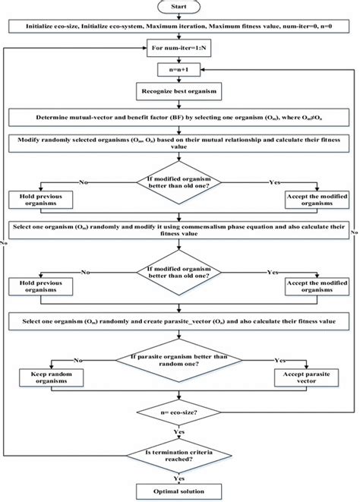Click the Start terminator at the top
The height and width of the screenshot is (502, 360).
click(x=179, y=7)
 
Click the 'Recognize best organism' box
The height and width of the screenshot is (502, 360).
click(x=179, y=93)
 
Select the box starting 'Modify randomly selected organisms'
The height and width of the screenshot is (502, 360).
click(x=179, y=144)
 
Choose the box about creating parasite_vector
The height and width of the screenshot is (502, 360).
click(x=179, y=323)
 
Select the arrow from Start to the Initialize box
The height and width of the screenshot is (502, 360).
click(x=179, y=17)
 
